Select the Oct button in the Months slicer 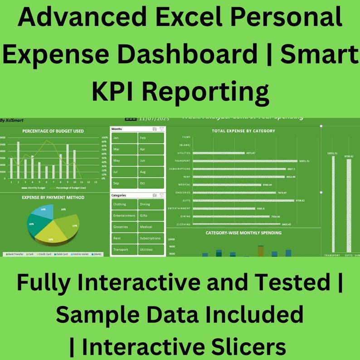click(151, 183)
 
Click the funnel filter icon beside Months click(161, 129)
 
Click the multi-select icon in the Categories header click(155, 195)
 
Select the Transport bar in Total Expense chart click(245, 161)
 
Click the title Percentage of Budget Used click(53, 131)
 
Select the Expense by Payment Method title click(53, 198)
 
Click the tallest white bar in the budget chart click(18, 160)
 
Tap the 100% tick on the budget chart click(104, 137)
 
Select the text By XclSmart click(12, 120)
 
